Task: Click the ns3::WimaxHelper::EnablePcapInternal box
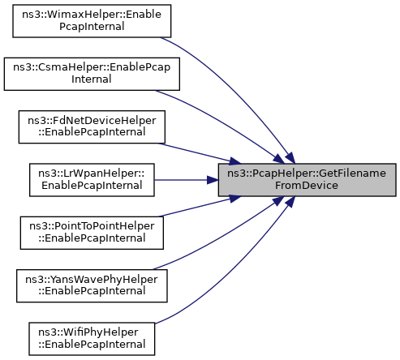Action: (92, 21)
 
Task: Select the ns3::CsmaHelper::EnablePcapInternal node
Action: (92, 74)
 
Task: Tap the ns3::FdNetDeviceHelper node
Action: (92, 126)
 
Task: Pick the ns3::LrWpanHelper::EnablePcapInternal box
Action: (92, 180)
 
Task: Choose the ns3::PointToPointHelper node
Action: (92, 233)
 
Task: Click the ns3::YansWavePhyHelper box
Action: (92, 285)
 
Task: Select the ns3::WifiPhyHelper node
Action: (92, 339)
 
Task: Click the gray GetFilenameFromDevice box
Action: (307, 180)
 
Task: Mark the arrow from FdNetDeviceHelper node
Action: (200, 153)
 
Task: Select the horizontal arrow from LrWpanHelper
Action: (187, 180)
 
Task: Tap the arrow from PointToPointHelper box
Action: (200, 207)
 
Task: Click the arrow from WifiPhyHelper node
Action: (235, 270)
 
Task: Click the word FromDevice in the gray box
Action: (307, 186)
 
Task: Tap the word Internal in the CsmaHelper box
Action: (92, 79)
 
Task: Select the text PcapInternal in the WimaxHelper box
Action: (92, 27)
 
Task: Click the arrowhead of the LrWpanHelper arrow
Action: (213, 180)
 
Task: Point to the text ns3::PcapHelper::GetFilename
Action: (307, 174)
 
